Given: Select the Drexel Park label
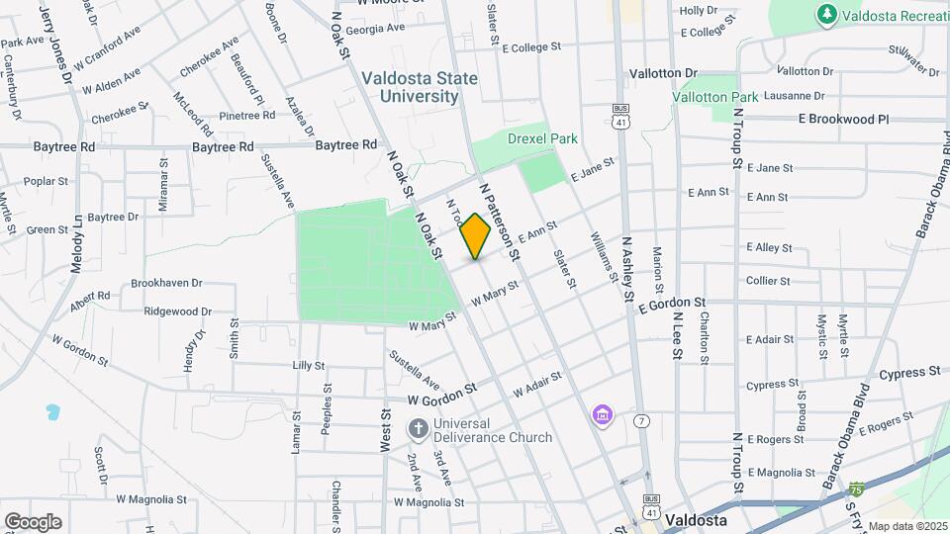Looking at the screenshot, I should (x=542, y=139).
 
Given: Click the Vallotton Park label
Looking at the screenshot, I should (x=714, y=97).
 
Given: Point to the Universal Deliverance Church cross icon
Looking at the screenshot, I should (x=418, y=429).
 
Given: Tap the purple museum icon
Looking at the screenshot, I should (x=602, y=416).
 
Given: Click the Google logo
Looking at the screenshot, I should (x=33, y=521).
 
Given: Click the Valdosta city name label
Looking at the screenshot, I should (x=697, y=520).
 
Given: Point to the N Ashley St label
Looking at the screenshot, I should (x=628, y=268).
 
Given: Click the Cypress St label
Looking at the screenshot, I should (x=909, y=373).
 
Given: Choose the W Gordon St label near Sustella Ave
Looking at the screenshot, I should (x=442, y=395).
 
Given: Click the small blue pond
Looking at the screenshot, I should (x=51, y=410).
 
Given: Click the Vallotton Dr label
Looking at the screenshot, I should (x=663, y=73).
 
